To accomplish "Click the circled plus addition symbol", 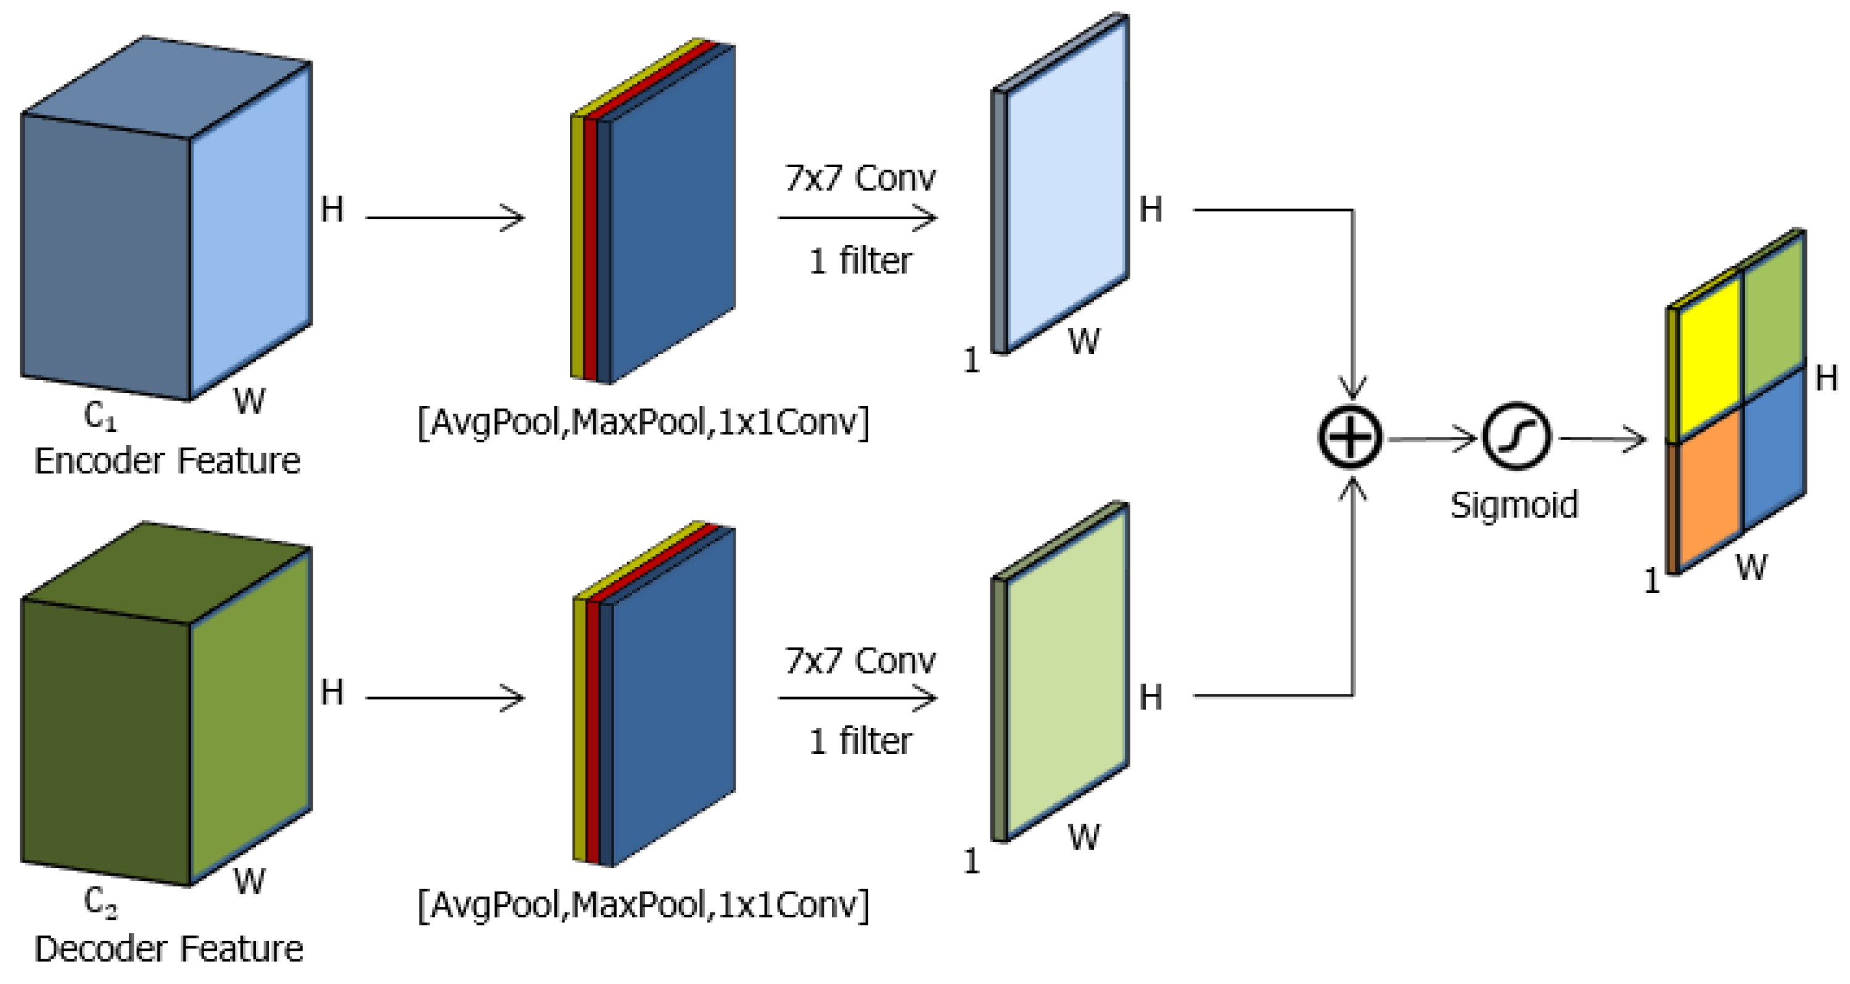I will [1349, 438].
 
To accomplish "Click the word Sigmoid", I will [1514, 505].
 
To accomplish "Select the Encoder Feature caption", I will [167, 460].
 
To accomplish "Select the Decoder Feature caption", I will [169, 949].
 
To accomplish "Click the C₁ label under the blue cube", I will [100, 416].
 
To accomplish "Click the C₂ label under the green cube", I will [100, 902].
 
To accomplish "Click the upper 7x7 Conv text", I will [860, 178].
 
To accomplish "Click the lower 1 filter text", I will [860, 741].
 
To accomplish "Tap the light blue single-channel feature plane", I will [1066, 187].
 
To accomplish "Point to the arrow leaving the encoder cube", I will [445, 217].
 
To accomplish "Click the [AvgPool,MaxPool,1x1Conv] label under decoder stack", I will [643, 904].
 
